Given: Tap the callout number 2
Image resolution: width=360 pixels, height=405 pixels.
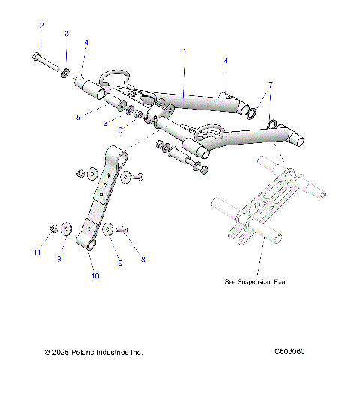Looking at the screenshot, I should point(42,26).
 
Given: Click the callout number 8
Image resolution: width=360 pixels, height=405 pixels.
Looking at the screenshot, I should point(142,259).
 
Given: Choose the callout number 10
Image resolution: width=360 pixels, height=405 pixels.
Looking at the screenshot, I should point(94,274).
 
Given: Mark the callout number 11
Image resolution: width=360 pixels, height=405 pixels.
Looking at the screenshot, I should point(36,253).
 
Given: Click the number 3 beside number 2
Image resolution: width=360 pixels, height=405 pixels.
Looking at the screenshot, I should point(66,34).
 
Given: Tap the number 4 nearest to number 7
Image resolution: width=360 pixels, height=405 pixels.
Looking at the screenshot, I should point(226,59).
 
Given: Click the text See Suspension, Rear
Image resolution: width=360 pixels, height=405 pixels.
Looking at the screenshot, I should point(256,282).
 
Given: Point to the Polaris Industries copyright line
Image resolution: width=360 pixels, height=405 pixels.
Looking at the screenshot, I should point(94,352).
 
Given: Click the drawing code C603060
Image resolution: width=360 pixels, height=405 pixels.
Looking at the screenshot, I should point(294,351).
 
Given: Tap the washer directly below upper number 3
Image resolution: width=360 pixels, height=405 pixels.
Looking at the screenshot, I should point(66,72).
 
